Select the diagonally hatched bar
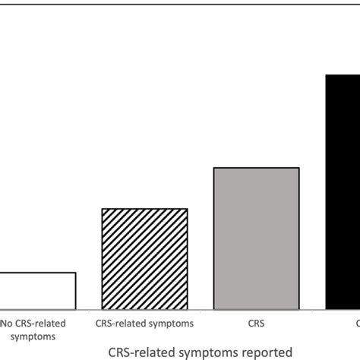pyautogui.click(x=144, y=258)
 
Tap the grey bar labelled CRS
pyautogui.click(x=257, y=238)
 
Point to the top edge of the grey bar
pyautogui.click(x=257, y=167)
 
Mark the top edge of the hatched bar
pyautogui.click(x=144, y=208)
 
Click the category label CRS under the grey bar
pyautogui.click(x=256, y=323)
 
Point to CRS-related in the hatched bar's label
pyautogui.click(x=121, y=323)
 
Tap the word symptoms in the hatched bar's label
pyautogui.click(x=171, y=323)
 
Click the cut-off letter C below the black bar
pyautogui.click(x=357, y=323)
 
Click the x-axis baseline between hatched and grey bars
pyautogui.click(x=201, y=310)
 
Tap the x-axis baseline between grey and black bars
pyautogui.click(x=313, y=310)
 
